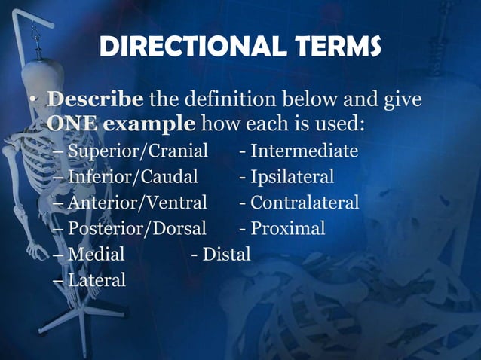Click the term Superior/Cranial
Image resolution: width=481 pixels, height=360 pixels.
pos(137,151)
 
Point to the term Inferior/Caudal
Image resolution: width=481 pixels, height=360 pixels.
pos(133,177)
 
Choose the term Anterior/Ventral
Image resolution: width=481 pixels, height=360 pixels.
pos(136,203)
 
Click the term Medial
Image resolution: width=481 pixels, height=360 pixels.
pos(96,254)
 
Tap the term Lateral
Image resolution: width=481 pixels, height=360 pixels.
pos(97,279)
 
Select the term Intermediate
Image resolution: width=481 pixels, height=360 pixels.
pos(304,151)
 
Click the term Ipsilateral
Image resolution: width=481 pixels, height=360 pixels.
pos(292,177)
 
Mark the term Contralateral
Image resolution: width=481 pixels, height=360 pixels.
pos(305,203)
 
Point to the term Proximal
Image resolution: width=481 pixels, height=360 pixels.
pos(287,228)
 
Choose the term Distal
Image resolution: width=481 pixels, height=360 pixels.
pos(226,254)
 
